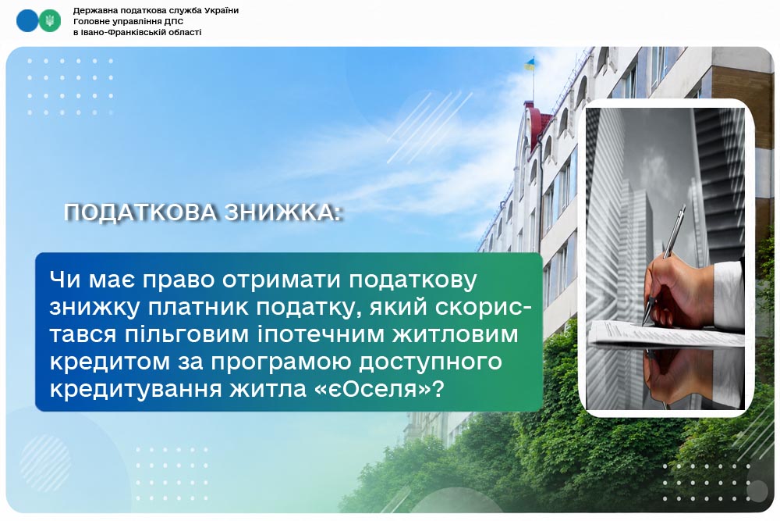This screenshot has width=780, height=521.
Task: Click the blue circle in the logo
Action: coord(27,21)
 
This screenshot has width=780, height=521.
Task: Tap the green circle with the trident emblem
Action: coord(50,21)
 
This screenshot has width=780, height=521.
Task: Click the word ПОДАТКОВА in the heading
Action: coord(140,212)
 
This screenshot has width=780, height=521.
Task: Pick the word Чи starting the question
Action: coord(65,280)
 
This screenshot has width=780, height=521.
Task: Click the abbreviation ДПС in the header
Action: coord(174,21)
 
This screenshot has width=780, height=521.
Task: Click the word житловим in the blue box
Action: coord(455,334)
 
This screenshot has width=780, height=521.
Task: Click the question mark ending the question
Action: coord(438,388)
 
